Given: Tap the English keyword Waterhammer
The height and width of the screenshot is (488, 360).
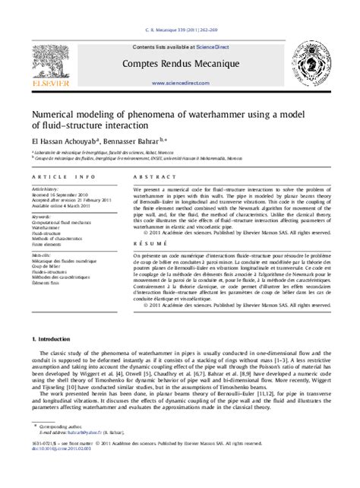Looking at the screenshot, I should tap(47, 227).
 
